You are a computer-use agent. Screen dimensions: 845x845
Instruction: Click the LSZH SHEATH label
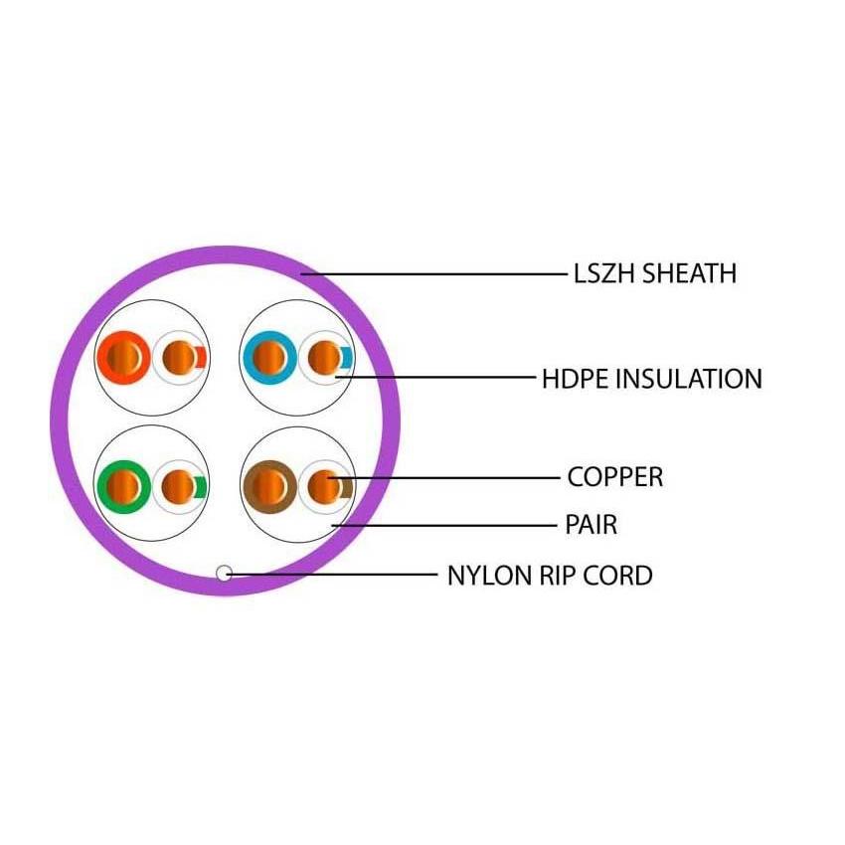coord(655,273)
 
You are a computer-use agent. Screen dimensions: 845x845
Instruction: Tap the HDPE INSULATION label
coord(651,379)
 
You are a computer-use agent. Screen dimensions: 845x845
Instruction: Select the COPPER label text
coord(614,477)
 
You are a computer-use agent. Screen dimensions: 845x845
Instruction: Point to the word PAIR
coord(591,524)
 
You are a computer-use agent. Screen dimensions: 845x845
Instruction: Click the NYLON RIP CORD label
coord(550,575)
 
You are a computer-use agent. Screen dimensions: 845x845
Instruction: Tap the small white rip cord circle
coord(224,573)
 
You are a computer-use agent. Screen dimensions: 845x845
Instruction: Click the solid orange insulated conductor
coord(124,355)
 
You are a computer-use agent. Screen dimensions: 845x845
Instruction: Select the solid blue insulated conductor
coord(268,355)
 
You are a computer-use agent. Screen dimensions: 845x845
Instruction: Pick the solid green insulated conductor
coord(124,486)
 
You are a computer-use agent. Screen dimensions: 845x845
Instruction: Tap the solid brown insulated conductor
coord(268,486)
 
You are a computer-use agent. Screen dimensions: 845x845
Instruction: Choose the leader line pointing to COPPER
coord(447,478)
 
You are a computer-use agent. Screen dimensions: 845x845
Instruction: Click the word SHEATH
coord(690,273)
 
